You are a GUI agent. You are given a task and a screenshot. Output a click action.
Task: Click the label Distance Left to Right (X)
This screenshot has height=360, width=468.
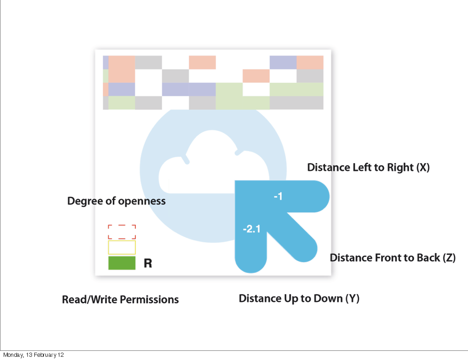pos(368,167)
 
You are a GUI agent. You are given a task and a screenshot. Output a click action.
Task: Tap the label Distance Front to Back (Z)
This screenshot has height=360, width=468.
pos(393,258)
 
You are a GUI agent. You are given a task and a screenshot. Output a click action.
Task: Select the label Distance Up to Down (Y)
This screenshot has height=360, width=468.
pos(299,299)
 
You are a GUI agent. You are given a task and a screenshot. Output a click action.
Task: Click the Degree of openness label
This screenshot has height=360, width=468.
pos(116,201)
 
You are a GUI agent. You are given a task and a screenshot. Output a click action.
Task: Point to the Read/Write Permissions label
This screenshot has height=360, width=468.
pos(120,300)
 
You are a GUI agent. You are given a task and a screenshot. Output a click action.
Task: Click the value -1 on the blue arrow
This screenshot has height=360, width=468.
pos(278,196)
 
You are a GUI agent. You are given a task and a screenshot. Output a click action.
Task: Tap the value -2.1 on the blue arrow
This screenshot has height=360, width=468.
pos(251,229)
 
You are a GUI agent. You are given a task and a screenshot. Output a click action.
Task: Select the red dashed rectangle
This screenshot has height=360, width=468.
pos(122,232)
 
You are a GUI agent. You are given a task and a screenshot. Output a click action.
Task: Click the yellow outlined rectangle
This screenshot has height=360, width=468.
pos(122,247)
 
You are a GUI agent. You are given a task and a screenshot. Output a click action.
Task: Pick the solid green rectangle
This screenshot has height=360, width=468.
pos(122,263)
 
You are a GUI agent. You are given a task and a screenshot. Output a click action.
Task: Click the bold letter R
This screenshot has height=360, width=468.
pos(148,264)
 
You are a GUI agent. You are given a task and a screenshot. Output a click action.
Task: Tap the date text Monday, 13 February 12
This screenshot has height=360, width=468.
pos(33,355)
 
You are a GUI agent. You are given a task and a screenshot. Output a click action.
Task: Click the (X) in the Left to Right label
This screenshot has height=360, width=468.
pos(422,167)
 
